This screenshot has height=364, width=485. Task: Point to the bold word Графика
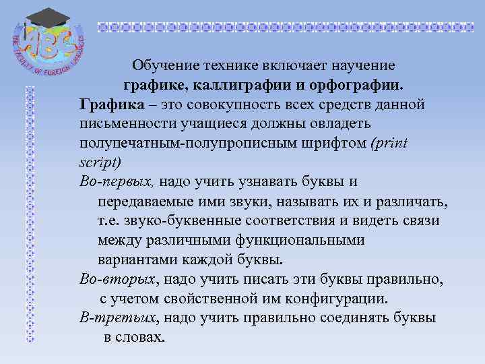(x=111, y=105)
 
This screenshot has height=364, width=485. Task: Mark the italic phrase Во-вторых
(x=119, y=278)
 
